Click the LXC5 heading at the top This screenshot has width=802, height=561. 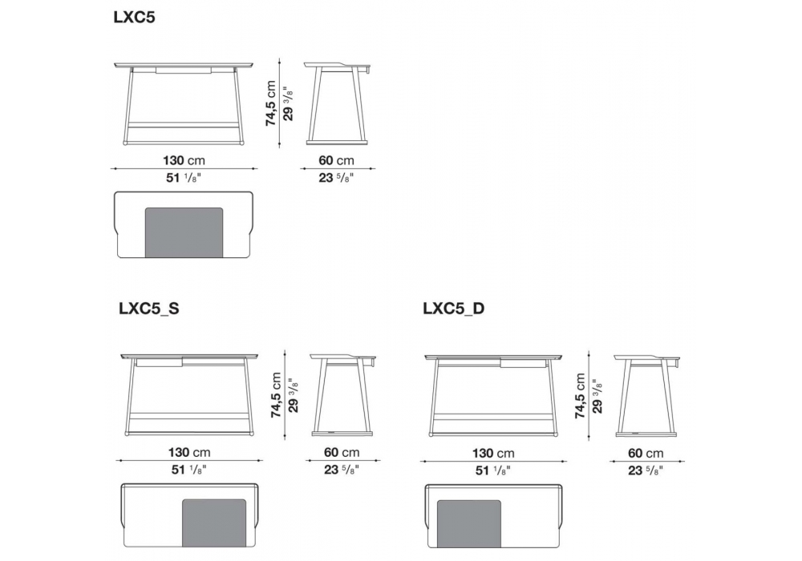point(134,18)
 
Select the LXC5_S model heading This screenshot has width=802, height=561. point(149,309)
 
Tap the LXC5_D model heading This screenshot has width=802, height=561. point(454,309)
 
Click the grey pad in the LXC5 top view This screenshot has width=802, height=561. point(184,232)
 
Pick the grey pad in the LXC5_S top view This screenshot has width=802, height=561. point(215,523)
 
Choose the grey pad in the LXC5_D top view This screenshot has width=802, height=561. point(469,524)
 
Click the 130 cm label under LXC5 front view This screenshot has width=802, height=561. point(184,160)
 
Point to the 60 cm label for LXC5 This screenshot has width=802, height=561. point(337,160)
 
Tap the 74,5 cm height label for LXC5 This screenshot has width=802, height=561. point(271,103)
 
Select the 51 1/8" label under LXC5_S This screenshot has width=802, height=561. point(189,470)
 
